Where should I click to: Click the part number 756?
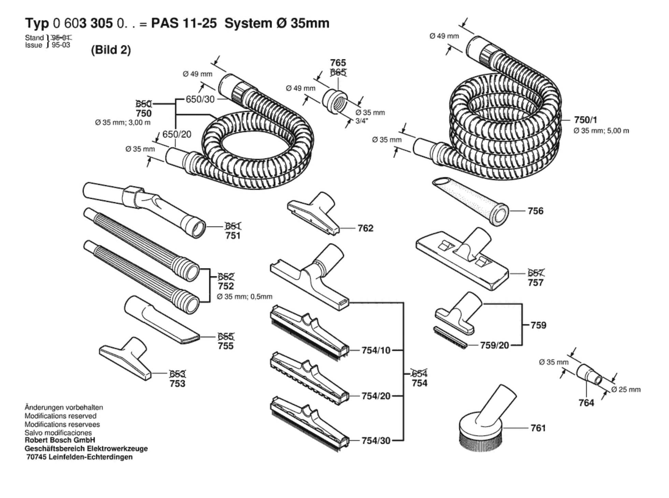[x=535, y=211]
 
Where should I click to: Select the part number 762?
[x=365, y=228]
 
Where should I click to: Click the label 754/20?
[x=376, y=396]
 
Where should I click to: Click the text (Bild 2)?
[x=111, y=50]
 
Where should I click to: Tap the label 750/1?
[x=586, y=120]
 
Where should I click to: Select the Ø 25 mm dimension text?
[x=626, y=390]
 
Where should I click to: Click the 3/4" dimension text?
[x=361, y=121]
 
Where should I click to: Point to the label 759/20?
[x=494, y=346]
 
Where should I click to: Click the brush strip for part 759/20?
[x=450, y=337]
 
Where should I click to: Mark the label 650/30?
[x=200, y=99]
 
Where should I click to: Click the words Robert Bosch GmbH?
[x=60, y=440]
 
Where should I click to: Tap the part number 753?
[x=177, y=384]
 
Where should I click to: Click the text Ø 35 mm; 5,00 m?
[x=601, y=131]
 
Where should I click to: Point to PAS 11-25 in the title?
[x=184, y=24]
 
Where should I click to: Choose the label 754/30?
[x=376, y=441]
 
